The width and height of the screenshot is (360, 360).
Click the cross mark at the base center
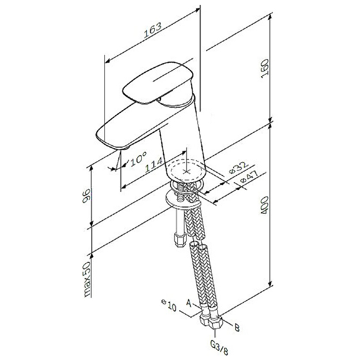(x=188, y=171)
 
